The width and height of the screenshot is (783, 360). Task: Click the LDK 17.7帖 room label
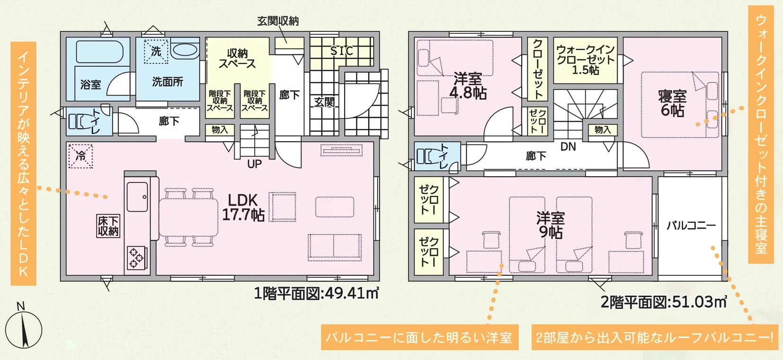243,207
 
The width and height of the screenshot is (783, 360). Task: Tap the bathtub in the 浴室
99,52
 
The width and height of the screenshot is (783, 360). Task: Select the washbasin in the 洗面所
184,50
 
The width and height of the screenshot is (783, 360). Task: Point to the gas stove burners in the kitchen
136,258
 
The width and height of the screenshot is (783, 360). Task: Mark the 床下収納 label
108,226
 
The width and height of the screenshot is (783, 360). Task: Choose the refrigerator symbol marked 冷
80,156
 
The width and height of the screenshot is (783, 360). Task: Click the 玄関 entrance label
324,102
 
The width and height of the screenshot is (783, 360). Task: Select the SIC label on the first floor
341,51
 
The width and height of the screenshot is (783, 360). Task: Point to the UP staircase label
254,164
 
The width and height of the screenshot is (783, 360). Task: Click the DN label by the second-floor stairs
568,147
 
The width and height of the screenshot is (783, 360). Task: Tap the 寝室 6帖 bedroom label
672,103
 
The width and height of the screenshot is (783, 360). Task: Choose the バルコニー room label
691,225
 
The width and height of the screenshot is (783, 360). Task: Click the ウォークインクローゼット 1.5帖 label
586,60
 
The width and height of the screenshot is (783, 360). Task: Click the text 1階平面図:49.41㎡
316,294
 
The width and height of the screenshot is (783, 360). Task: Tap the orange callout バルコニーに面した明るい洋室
419,337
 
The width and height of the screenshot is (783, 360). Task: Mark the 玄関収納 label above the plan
278,21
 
